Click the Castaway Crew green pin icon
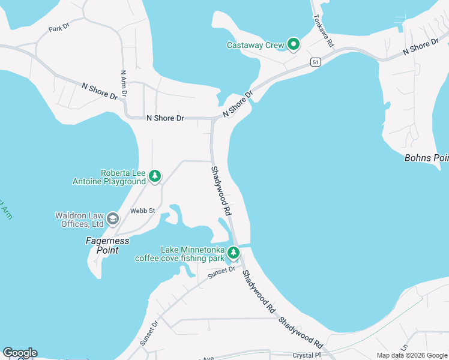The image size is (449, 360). tap(294, 44)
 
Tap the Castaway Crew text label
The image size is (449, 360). tap(256, 45)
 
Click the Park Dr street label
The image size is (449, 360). tap(59, 28)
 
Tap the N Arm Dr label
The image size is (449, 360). tap(124, 83)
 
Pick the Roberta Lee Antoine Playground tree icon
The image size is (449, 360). tap(155, 176)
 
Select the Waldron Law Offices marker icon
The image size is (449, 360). tap(112, 220)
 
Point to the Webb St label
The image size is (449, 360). tap(143, 211)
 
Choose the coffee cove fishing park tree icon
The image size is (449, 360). tap(234, 253)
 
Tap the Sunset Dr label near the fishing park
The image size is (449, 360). tap(222, 272)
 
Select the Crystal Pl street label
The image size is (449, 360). tap(307, 355)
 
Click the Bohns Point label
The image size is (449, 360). tap(427, 158)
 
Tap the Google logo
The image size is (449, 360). tap(20, 353)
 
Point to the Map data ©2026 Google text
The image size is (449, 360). tap(412, 355)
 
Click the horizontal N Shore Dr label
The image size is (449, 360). tap(165, 118)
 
